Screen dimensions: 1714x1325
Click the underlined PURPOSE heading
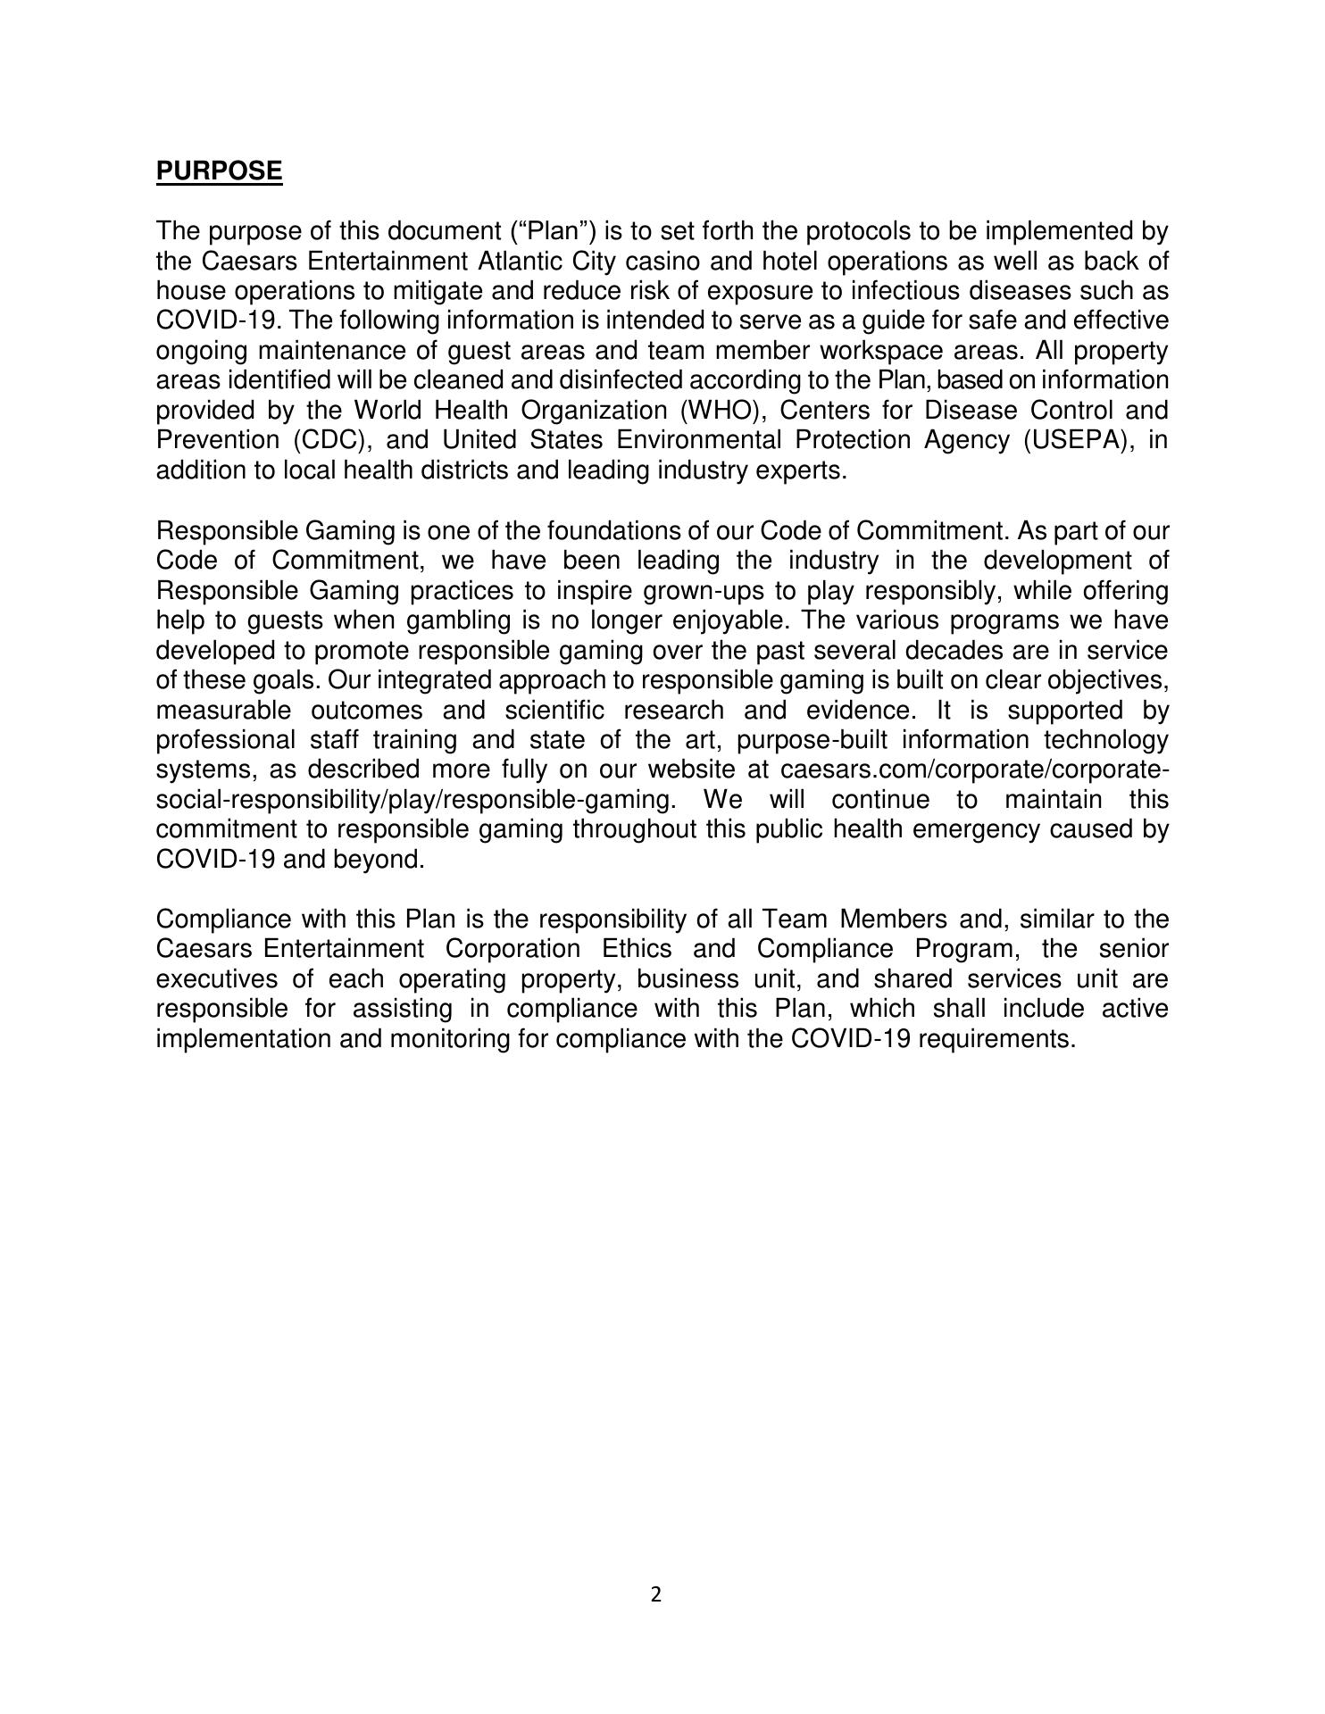tap(219, 171)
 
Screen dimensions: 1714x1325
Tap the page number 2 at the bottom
tap(656, 1594)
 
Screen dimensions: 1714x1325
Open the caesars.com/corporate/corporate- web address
tap(974, 770)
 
